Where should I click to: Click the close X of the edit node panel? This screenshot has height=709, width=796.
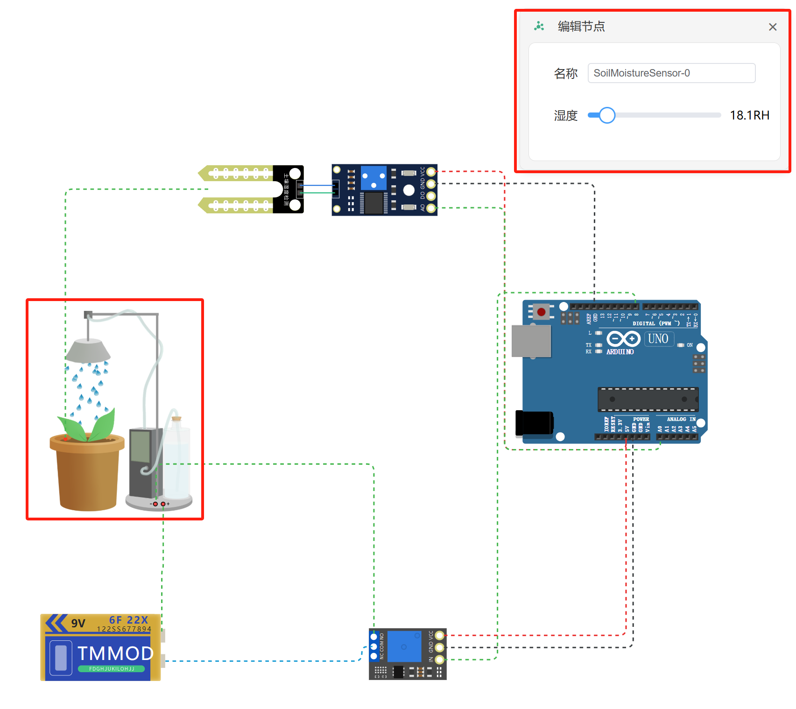click(x=772, y=27)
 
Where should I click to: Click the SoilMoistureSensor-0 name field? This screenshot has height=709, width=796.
click(x=671, y=73)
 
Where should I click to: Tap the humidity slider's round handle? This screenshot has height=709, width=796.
click(x=606, y=115)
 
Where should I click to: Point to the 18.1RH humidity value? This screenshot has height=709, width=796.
click(x=749, y=115)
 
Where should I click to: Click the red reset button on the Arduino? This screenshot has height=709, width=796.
click(x=541, y=312)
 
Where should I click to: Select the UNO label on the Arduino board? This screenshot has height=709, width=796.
click(x=658, y=339)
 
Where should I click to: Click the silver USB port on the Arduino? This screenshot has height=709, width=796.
click(x=531, y=341)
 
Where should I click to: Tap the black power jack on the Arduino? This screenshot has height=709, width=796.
click(x=534, y=423)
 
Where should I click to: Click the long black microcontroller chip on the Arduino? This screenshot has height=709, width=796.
click(x=648, y=399)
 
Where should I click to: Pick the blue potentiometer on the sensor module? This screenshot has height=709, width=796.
click(x=373, y=177)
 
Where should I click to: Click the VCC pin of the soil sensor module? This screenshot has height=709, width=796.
click(x=431, y=172)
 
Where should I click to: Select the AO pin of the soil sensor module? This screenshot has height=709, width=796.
click(x=431, y=208)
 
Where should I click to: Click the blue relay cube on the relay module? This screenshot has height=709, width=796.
click(x=404, y=646)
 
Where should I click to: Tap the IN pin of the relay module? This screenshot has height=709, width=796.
click(x=439, y=659)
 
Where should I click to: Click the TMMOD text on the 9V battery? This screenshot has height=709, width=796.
click(x=115, y=653)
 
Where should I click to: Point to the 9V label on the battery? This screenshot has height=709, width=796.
click(x=78, y=624)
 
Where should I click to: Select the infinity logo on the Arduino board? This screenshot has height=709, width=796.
click(x=623, y=338)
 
